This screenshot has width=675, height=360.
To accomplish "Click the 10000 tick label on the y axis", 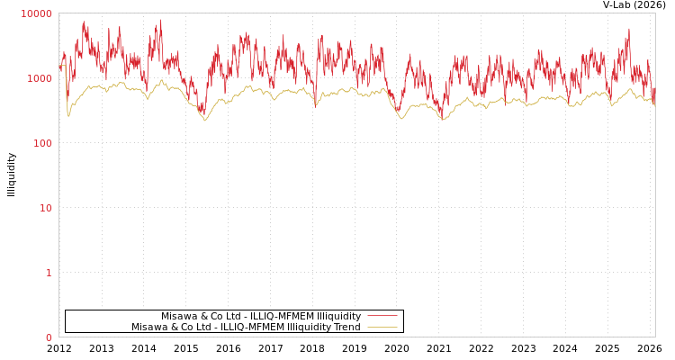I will pos(37,13).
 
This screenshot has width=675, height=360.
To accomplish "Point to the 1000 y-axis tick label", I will pos(40,78).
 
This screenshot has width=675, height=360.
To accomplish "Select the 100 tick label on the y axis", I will pos(42,143).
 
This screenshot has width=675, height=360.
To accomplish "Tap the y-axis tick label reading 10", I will pos(45,208).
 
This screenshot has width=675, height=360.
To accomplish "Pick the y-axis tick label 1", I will pos(49,273).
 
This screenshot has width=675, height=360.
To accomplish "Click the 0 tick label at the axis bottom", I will pos(49,337).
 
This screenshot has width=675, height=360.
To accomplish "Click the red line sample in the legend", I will pos(382,316).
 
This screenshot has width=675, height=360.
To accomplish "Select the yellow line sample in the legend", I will pos(382,327).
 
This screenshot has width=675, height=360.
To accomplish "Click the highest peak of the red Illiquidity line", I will pos(161,20).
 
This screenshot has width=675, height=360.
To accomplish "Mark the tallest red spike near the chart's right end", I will pos(629,29).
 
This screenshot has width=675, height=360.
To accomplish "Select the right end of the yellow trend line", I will pos(654,106).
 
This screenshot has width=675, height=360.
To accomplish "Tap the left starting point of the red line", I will pos(59,67).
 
